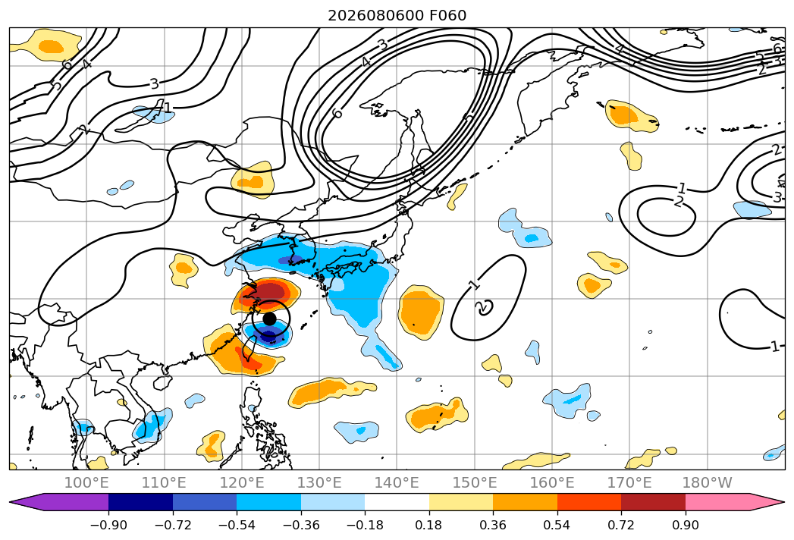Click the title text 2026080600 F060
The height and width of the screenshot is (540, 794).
397,16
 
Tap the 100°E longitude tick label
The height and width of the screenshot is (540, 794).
86,482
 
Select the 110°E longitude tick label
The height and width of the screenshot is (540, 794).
164,482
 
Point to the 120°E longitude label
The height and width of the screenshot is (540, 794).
242,482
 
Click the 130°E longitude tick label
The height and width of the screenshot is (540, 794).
319,482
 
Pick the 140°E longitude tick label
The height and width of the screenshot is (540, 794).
397,482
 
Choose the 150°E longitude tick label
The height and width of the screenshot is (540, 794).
475,482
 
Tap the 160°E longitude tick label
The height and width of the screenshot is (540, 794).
552,482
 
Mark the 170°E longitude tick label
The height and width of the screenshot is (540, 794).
629,482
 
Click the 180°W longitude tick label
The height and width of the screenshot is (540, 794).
707,482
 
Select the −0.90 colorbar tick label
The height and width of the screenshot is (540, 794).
108,525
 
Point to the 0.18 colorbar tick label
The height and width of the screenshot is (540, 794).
429,525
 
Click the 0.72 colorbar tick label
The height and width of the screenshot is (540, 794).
621,525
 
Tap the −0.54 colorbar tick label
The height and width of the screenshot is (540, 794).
237,525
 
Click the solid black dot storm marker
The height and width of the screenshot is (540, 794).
270,319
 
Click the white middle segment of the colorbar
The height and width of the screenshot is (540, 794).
397,501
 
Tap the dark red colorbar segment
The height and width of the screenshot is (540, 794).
653,501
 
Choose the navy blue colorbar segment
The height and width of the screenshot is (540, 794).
140,501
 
